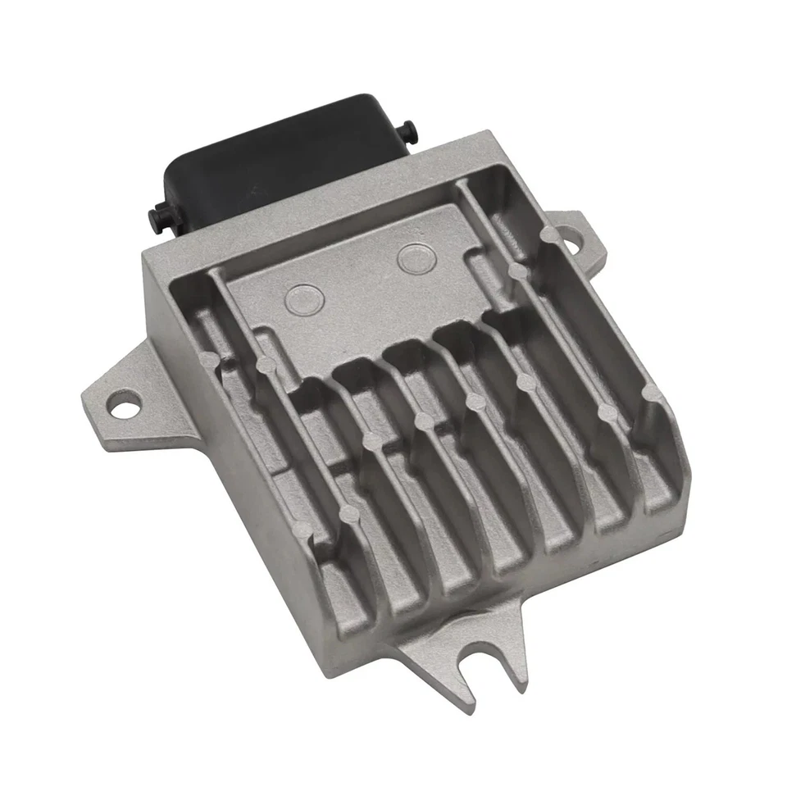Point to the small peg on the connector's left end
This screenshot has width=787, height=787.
pos(154,216)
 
